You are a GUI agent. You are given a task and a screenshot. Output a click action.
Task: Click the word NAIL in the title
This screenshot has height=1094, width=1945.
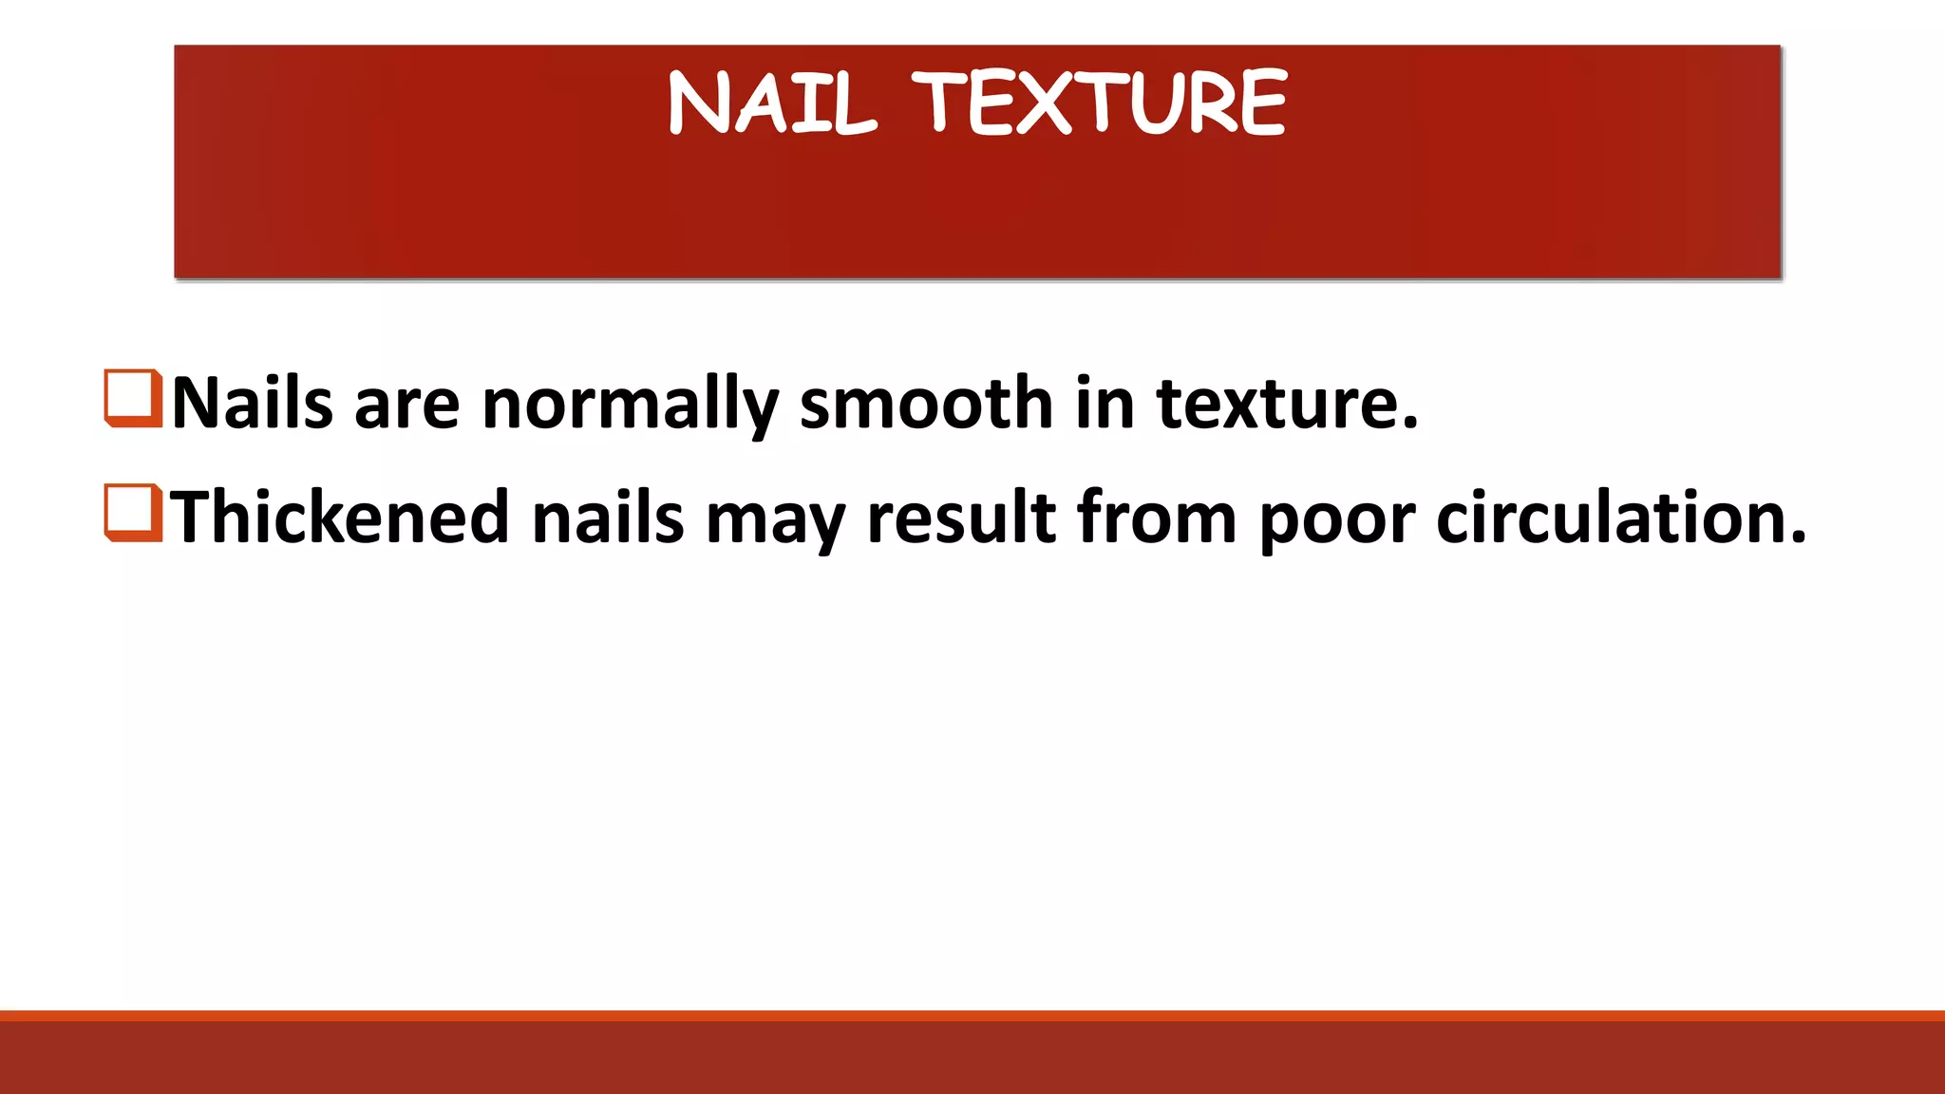click(771, 103)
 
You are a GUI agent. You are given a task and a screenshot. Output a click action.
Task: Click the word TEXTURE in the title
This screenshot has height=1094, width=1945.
click(1100, 102)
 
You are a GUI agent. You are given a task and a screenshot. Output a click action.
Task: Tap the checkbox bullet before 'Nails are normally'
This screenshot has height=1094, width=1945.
click(133, 399)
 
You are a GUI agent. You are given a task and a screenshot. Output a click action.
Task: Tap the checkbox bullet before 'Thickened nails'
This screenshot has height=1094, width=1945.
click(133, 514)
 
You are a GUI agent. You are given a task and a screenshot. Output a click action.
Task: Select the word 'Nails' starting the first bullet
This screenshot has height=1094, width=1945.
click(253, 404)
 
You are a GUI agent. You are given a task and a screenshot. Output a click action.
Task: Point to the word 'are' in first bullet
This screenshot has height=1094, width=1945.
click(406, 404)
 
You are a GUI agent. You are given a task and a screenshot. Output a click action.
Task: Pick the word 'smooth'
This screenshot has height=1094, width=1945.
click(927, 404)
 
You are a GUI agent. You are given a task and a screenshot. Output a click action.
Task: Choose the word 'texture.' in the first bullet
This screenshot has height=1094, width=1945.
click(1287, 404)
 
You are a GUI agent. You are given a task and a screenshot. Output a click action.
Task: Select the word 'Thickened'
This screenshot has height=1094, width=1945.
click(340, 518)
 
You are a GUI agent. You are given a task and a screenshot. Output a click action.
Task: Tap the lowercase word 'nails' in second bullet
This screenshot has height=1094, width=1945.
click(608, 518)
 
